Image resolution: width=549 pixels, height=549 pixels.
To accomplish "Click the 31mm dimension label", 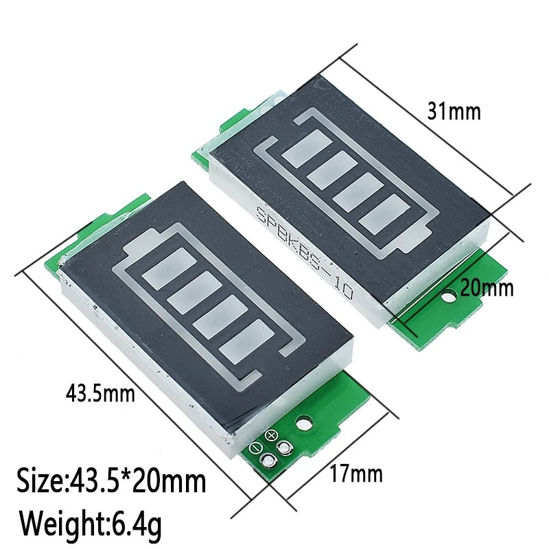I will tap(453, 111).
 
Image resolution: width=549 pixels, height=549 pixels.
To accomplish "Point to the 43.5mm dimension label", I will tap(100, 393).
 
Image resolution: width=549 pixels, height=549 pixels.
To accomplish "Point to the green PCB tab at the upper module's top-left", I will tap(229, 124).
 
